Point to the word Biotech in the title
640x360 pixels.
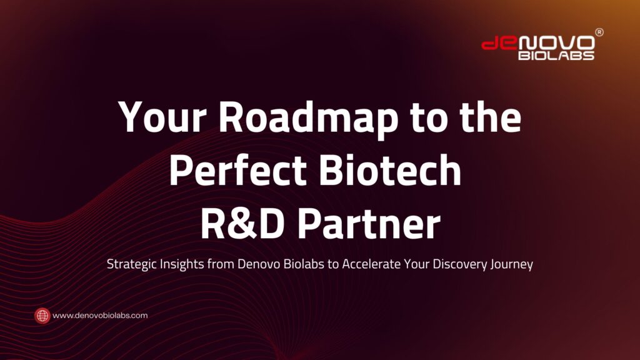click(x=390, y=170)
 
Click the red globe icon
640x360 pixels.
click(x=42, y=316)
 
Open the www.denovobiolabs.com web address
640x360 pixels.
click(x=100, y=316)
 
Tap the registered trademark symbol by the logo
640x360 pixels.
click(x=599, y=32)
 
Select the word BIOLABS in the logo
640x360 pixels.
click(x=556, y=55)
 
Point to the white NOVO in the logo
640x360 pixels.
click(x=556, y=43)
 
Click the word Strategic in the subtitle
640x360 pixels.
click(x=131, y=264)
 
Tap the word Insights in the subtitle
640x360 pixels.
click(x=182, y=264)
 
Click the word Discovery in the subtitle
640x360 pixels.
click(x=460, y=264)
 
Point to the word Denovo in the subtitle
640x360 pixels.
click(x=259, y=264)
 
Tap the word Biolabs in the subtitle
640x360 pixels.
click(x=304, y=264)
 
